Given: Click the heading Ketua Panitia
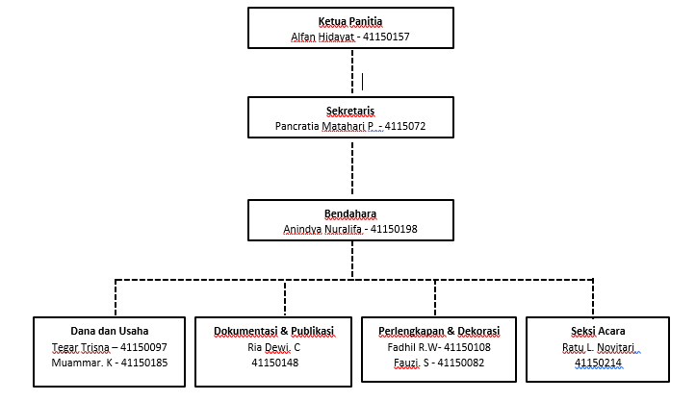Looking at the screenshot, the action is [350, 21].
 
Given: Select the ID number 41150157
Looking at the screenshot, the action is [386, 37].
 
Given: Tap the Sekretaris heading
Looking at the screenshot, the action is [350, 111].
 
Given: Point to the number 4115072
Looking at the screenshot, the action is [405, 126].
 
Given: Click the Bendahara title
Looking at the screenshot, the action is [350, 213].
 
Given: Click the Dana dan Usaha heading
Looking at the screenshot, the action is [109, 331].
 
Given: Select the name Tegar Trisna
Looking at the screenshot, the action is [81, 347].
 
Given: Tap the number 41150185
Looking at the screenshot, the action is [144, 363].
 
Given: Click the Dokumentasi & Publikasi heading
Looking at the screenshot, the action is [273, 331].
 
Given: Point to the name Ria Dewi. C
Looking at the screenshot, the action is [273, 347].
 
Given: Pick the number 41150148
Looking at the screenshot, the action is [274, 363].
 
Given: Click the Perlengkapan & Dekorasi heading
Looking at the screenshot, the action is [439, 331].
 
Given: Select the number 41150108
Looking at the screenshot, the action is [467, 347].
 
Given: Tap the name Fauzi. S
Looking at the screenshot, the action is [411, 363].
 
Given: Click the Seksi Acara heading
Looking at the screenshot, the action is [598, 331].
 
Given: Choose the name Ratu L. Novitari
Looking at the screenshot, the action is [599, 347].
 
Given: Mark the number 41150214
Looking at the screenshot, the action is [598, 363].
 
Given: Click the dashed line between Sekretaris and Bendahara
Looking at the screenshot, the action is [352, 168].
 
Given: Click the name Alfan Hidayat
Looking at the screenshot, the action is [322, 37].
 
